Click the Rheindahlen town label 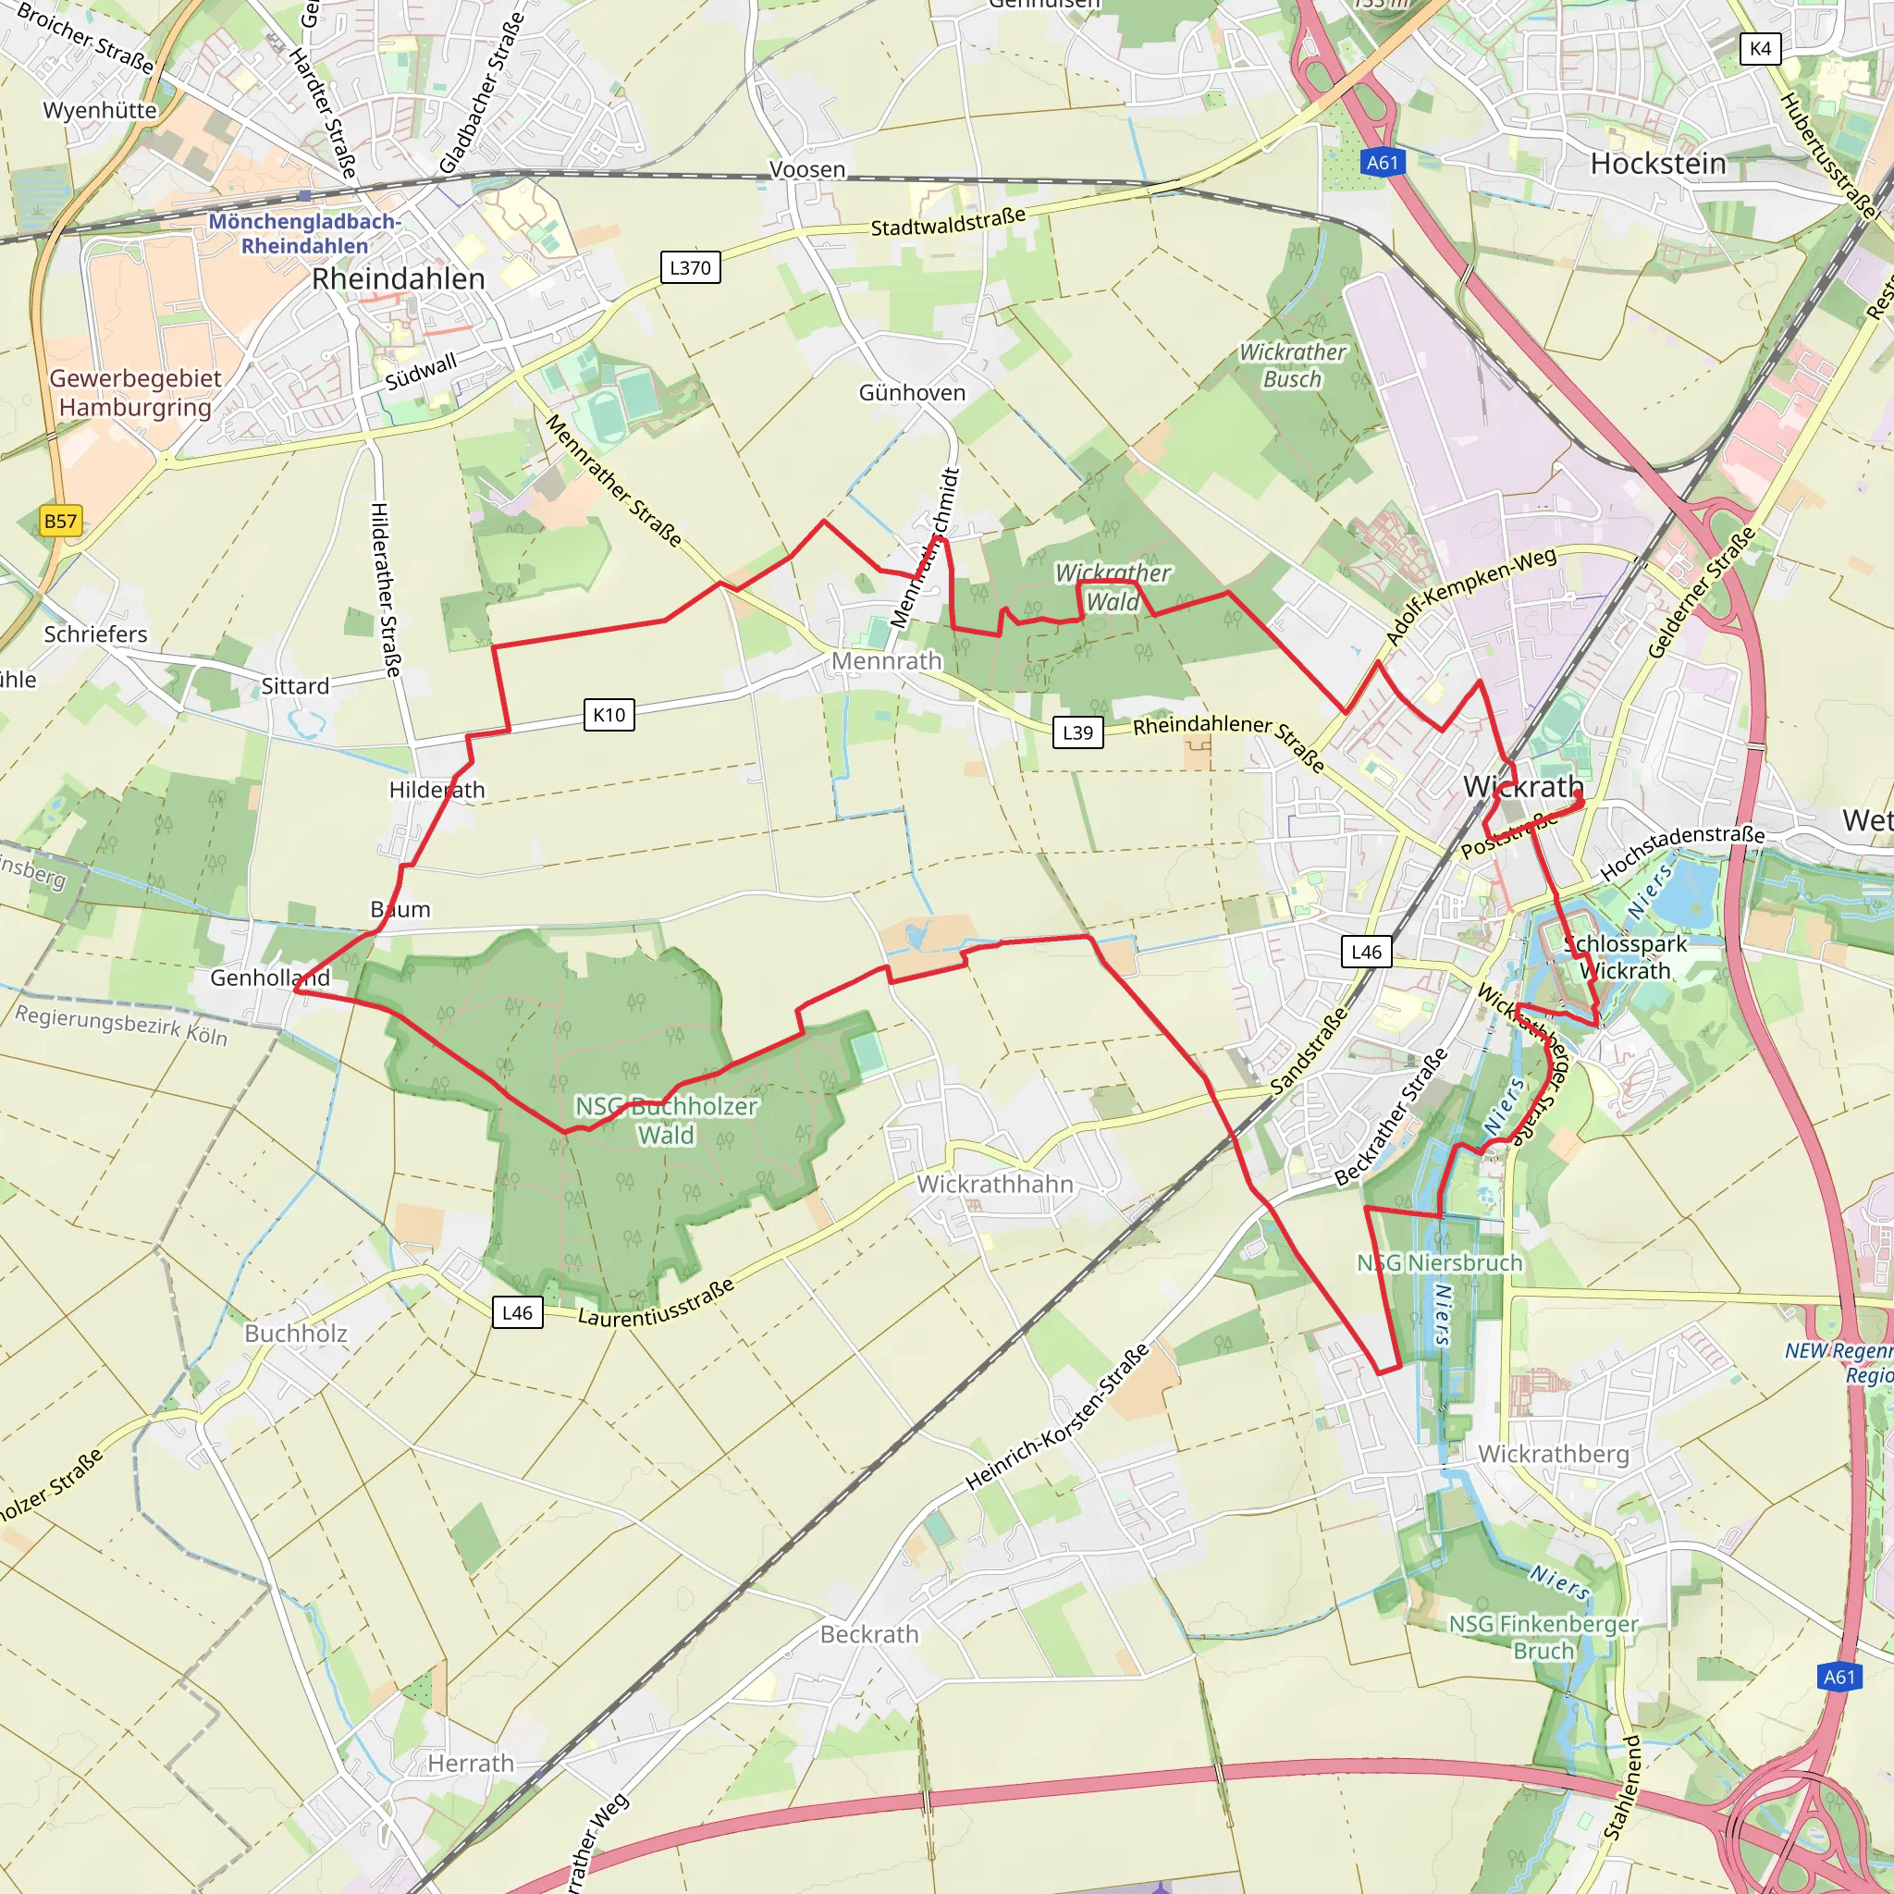click(x=398, y=279)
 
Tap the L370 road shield click(x=690, y=267)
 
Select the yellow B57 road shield click(x=60, y=521)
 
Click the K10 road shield click(x=609, y=715)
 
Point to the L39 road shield click(x=1077, y=732)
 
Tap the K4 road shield click(x=1760, y=49)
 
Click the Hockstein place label click(x=1658, y=164)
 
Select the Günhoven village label click(x=912, y=393)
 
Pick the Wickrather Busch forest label click(x=1292, y=365)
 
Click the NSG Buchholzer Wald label click(x=666, y=1121)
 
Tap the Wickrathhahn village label click(x=995, y=1185)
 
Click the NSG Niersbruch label click(x=1439, y=1262)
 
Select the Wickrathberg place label click(x=1553, y=1454)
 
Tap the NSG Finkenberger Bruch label click(x=1543, y=1637)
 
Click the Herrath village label click(x=471, y=1764)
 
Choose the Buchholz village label click(x=295, y=1334)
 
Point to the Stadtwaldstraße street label click(x=948, y=222)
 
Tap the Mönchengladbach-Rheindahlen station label click(x=304, y=234)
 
